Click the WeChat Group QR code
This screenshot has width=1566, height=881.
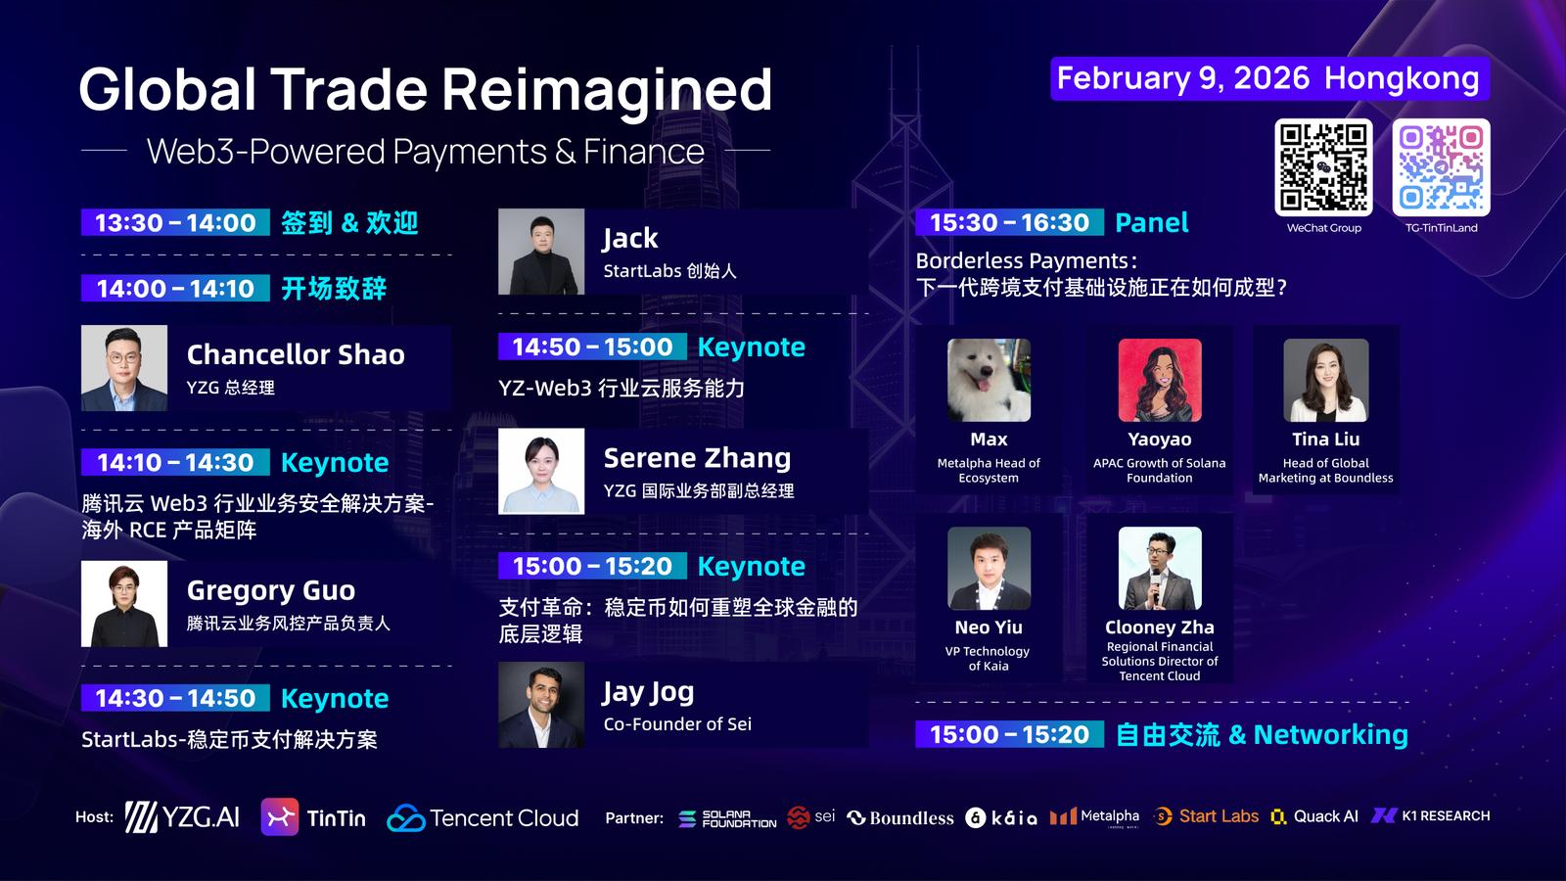tap(1322, 167)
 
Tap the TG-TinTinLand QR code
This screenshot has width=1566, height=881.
tap(1441, 167)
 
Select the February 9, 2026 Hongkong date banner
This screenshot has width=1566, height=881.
tap(1269, 78)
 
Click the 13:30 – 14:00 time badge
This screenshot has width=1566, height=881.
tap(175, 222)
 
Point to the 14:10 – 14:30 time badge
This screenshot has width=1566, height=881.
tap(175, 462)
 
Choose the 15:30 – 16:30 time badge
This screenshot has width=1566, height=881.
tap(1009, 222)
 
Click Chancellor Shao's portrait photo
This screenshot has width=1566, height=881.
tap(124, 368)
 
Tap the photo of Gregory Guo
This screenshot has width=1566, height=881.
tap(124, 603)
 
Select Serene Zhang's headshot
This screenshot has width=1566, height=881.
tap(541, 471)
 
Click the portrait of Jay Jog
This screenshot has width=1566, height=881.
tap(541, 705)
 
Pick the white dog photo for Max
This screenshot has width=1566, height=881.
tap(989, 381)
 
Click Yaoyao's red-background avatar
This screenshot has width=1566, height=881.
tap(1160, 381)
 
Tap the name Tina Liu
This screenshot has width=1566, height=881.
tap(1325, 440)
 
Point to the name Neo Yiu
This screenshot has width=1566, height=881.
tap(989, 627)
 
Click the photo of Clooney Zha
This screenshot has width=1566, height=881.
tap(1160, 569)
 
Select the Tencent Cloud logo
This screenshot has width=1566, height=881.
tap(484, 817)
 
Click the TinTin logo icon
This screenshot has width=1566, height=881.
tap(280, 816)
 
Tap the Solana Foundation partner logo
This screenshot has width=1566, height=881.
tap(727, 818)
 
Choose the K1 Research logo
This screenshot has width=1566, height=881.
tap(1430, 816)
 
